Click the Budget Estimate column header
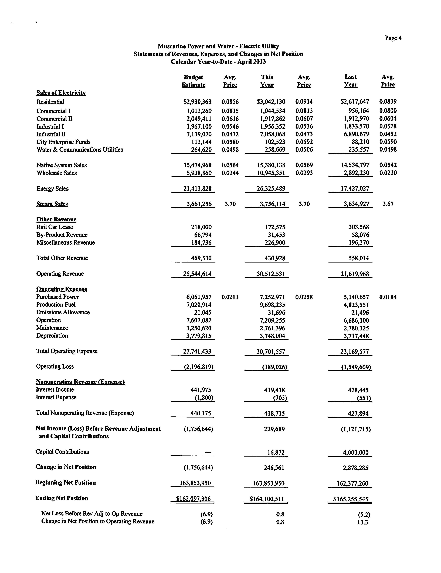point(194,81)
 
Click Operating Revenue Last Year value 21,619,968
point(355,274)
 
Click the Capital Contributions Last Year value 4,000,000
point(356,453)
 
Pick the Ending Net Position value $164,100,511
point(267,499)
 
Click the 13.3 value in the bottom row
point(362,522)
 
